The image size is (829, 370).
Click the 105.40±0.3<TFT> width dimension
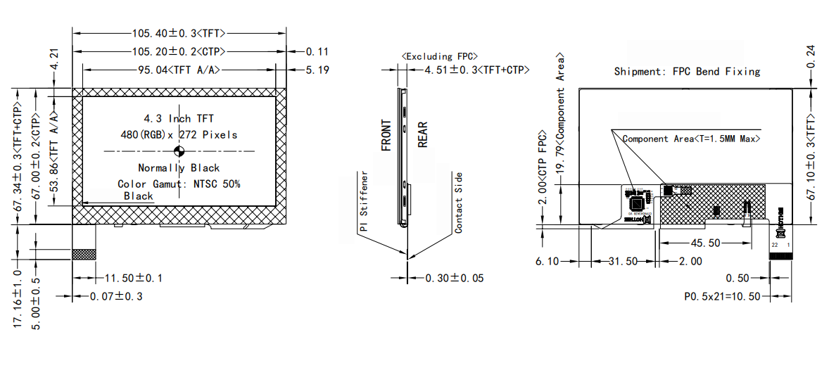(x=179, y=32)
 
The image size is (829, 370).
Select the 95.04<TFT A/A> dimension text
(x=179, y=70)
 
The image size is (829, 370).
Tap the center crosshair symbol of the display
(x=179, y=151)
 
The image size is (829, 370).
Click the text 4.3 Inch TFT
(x=179, y=118)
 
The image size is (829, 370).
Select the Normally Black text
(x=179, y=168)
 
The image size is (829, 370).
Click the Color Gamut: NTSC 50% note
(x=179, y=184)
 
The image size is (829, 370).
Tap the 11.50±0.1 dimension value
(x=133, y=278)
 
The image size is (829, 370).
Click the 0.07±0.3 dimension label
(x=116, y=297)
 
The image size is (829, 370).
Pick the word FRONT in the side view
(x=386, y=136)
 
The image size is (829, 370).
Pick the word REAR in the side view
(x=423, y=134)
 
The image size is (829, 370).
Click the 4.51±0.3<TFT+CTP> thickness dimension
(x=476, y=70)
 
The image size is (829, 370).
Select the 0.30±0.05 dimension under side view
(x=455, y=278)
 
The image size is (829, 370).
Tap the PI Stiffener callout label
(x=363, y=202)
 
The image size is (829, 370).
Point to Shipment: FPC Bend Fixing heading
(x=687, y=71)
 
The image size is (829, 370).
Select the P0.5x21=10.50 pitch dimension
(x=722, y=296)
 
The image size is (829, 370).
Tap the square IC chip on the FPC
(x=638, y=204)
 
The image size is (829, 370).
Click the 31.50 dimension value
(x=622, y=261)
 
